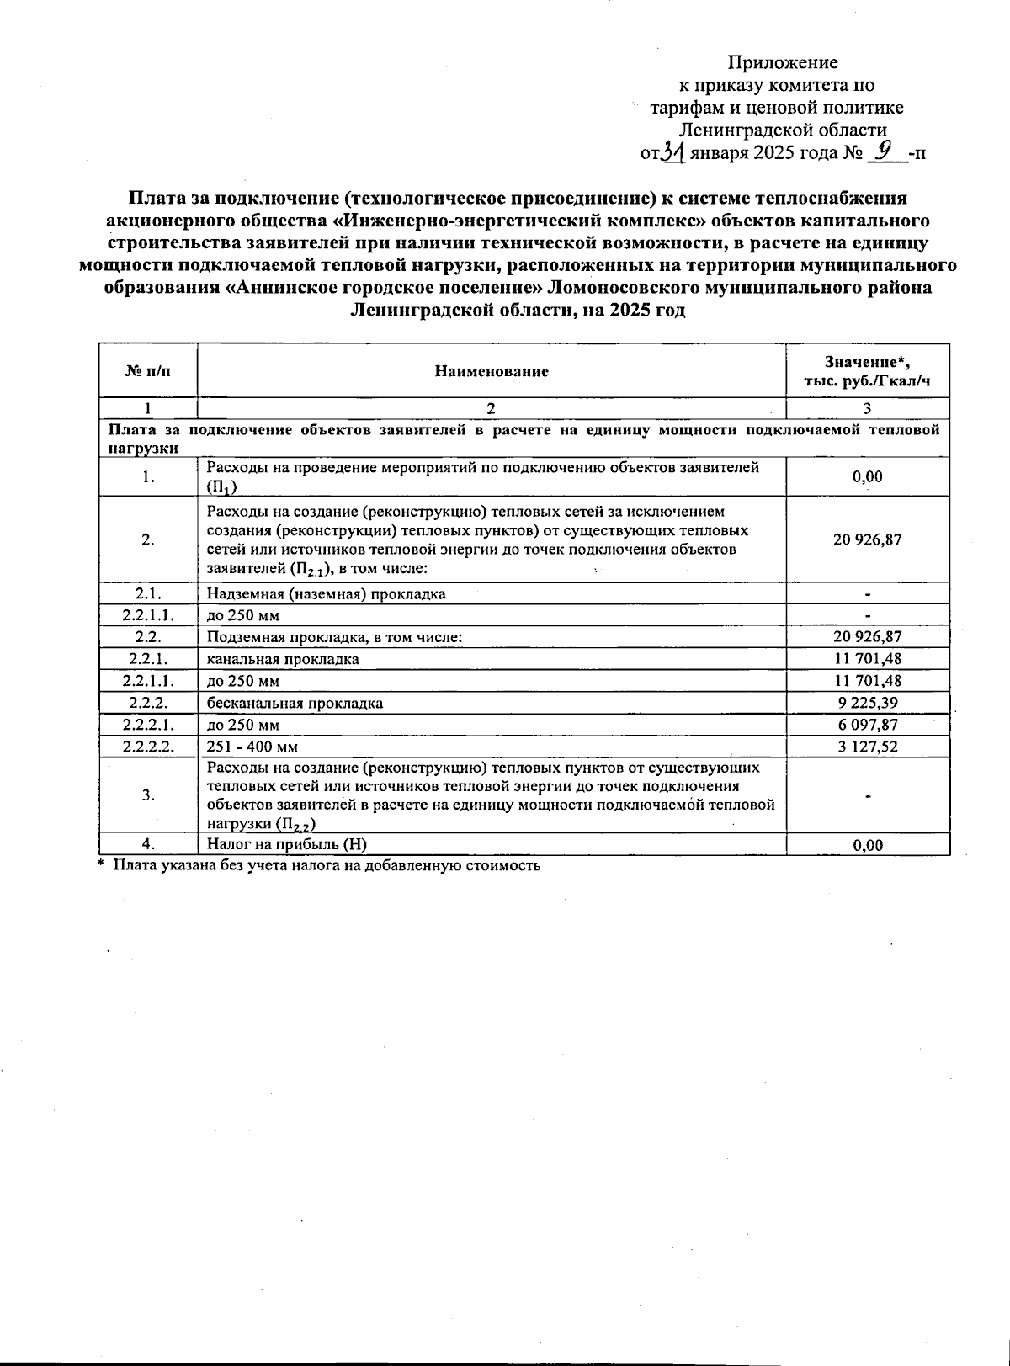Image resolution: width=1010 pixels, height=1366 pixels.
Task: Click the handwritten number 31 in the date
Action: (673, 151)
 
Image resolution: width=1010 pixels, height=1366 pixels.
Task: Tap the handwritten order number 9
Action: (883, 151)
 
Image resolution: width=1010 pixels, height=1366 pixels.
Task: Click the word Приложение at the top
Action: (783, 62)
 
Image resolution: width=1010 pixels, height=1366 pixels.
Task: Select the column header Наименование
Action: (492, 371)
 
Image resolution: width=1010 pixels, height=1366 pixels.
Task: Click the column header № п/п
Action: (147, 371)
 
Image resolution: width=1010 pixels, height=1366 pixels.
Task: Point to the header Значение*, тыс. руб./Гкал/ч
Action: (867, 371)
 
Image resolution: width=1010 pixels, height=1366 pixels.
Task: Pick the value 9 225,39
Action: (867, 703)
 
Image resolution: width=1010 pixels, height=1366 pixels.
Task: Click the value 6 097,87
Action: (867, 725)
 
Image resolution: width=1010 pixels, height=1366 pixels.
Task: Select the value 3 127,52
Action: (867, 747)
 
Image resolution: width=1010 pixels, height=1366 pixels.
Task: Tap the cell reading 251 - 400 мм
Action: (252, 747)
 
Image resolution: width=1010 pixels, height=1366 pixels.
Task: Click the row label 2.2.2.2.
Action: (147, 747)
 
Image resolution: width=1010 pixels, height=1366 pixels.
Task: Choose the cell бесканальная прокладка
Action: (295, 703)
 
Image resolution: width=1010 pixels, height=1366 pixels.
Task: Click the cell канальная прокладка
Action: (283, 659)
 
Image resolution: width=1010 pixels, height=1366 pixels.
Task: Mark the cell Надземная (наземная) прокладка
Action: (327, 593)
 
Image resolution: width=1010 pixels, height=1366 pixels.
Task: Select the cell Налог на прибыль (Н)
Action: (287, 844)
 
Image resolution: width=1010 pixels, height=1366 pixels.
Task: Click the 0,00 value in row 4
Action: (867, 845)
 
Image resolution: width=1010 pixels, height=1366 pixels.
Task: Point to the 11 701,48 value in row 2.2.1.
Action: (867, 659)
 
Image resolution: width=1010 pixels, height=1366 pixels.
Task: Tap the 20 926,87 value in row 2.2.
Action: (867, 637)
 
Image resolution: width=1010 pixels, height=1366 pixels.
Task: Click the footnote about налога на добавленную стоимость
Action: (327, 864)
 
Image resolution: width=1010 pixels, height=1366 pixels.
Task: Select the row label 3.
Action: (147, 795)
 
